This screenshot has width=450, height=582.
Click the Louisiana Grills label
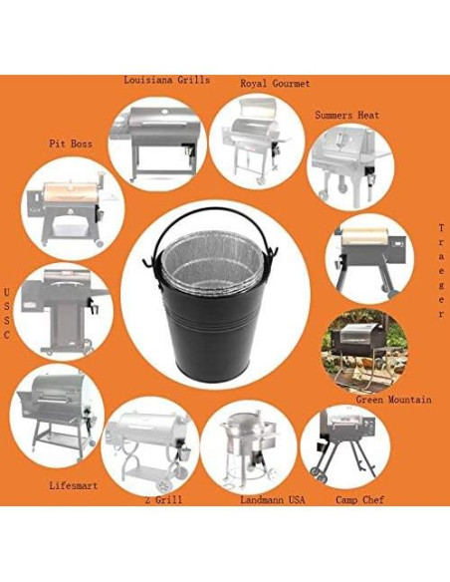[x=166, y=80]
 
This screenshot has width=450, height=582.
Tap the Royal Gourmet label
[x=275, y=84]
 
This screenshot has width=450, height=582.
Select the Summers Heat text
[x=347, y=115]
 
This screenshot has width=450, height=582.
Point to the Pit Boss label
[x=70, y=144]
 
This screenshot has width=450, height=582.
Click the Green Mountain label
[x=393, y=400]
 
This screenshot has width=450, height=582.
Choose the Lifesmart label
[x=74, y=485]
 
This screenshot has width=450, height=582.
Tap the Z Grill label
[x=163, y=498]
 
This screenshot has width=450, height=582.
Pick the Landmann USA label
[x=272, y=499]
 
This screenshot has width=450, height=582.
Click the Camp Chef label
[x=359, y=499]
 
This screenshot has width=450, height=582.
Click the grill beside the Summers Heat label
[x=346, y=161]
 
